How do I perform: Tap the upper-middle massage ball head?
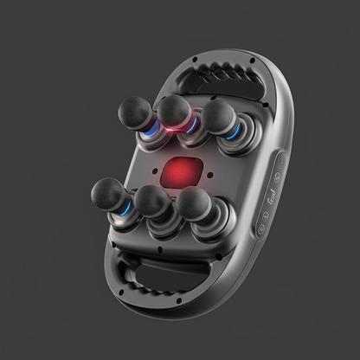[x=174, y=109]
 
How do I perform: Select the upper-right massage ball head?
[x=216, y=113]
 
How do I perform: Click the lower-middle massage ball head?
[x=152, y=201]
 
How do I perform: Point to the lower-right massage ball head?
[x=193, y=203]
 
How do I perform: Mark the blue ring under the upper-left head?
[x=153, y=131]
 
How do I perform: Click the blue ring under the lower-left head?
[x=127, y=211]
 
